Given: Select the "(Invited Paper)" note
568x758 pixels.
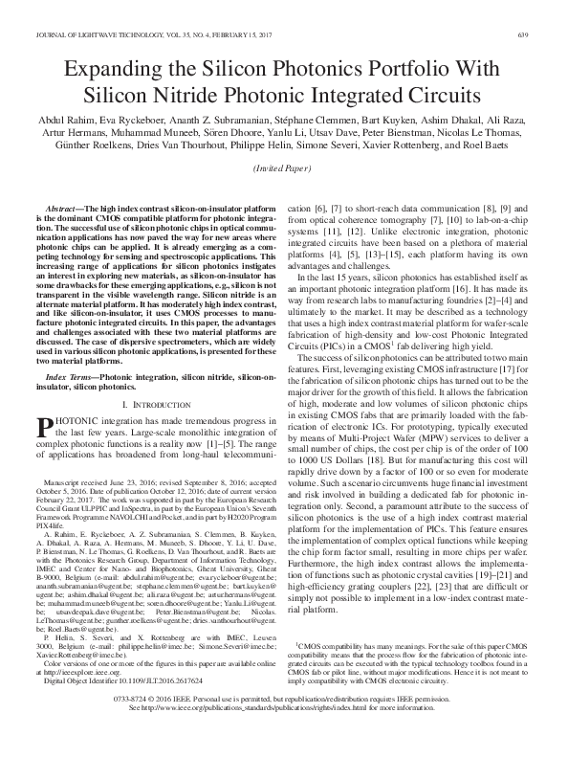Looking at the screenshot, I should click(x=284, y=168).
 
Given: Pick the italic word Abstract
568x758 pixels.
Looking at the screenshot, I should click(x=69, y=209).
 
